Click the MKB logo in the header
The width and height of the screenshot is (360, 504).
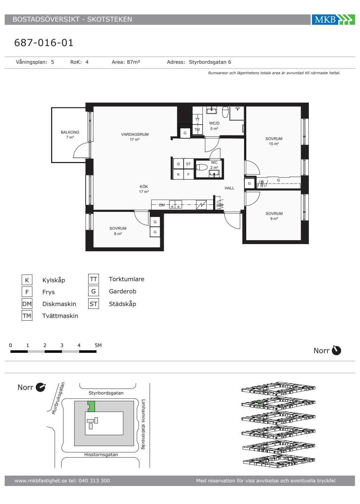[x=333, y=19]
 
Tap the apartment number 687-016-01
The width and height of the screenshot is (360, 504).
[x=44, y=43]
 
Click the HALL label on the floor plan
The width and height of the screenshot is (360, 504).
[x=229, y=188]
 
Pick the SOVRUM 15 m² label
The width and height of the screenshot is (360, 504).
[x=274, y=141]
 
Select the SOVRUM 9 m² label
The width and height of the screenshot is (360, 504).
[x=274, y=216]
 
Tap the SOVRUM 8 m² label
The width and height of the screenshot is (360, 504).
[x=118, y=231]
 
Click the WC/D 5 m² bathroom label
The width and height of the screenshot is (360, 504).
[x=214, y=126]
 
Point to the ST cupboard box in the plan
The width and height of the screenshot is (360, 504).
[x=188, y=164]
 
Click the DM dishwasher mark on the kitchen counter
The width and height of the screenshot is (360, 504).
[x=162, y=205]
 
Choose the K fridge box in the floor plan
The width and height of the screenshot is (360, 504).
[x=179, y=174]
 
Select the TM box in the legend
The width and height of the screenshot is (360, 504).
[x=27, y=316]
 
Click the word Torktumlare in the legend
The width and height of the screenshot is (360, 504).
[x=127, y=279]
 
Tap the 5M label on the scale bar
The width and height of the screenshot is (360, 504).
[x=98, y=345]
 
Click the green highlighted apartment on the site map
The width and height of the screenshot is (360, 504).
[x=91, y=406]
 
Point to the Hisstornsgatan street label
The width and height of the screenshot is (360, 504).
[x=101, y=454]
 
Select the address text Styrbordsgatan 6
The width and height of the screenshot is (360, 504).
[x=210, y=62]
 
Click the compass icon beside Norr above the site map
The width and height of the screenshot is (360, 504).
[x=41, y=387]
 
